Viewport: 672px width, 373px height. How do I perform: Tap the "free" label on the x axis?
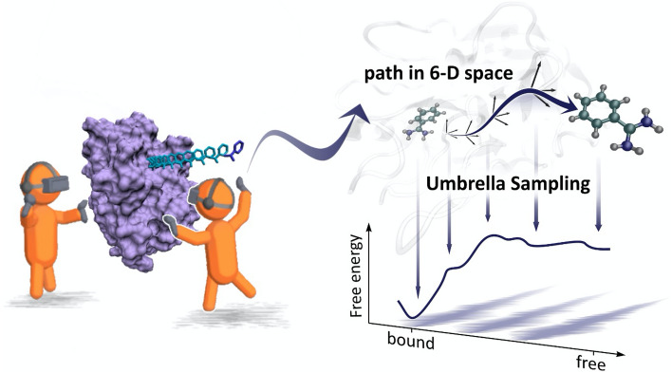589,362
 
